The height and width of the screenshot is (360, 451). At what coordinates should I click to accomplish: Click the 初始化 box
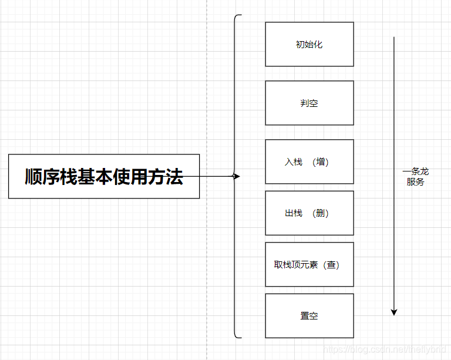point(309,44)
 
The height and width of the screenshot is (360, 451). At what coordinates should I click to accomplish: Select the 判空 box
point(309,103)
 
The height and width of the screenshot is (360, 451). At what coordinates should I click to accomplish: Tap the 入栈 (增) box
point(309,162)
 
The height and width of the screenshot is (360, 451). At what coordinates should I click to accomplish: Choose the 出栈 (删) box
point(309,213)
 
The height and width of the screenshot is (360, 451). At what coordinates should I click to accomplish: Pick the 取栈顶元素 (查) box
point(309,264)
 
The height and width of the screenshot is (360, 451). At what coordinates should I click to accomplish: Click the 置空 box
point(309,315)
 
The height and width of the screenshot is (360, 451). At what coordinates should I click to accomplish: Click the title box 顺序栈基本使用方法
point(104,176)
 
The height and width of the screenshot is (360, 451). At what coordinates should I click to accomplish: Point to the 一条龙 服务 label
point(415,177)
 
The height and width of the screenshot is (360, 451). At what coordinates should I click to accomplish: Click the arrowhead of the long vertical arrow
point(394,312)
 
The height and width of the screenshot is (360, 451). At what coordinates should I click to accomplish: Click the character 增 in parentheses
point(321,162)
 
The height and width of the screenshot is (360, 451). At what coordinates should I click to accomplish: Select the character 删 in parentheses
point(321,213)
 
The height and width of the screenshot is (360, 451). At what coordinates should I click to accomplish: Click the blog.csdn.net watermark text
point(387,350)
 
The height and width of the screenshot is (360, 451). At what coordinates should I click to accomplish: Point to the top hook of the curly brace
point(238,16)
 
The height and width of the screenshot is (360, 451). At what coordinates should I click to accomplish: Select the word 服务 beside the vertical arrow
point(415,182)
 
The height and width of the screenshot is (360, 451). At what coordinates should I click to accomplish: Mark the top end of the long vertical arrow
point(394,38)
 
